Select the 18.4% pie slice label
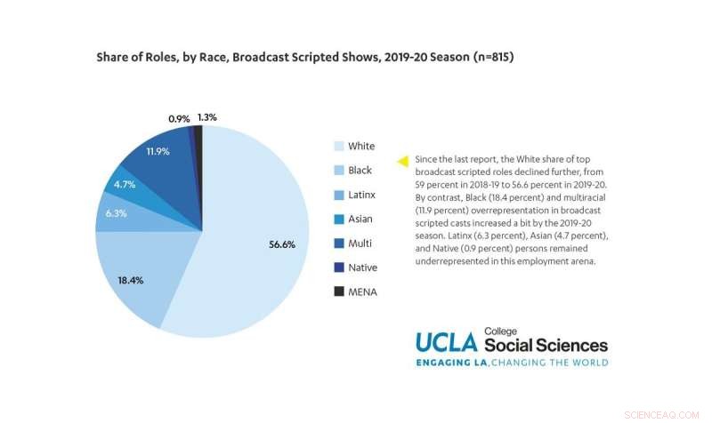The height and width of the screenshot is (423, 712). click(x=130, y=279)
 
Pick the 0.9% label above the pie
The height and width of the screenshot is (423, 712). click(x=179, y=117)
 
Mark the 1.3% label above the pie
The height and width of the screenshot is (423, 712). click(x=206, y=116)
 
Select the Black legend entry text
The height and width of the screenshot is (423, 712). click(x=360, y=170)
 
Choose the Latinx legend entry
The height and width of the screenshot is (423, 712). click(x=362, y=195)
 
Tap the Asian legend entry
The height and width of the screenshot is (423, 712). click(x=360, y=219)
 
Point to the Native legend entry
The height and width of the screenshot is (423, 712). click(x=362, y=267)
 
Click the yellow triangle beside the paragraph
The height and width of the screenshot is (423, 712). click(x=402, y=160)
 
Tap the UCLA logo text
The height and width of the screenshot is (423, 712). click(x=448, y=343)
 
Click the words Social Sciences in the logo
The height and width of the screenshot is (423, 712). click(x=546, y=346)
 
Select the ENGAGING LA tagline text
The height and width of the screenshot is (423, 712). click(x=451, y=363)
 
